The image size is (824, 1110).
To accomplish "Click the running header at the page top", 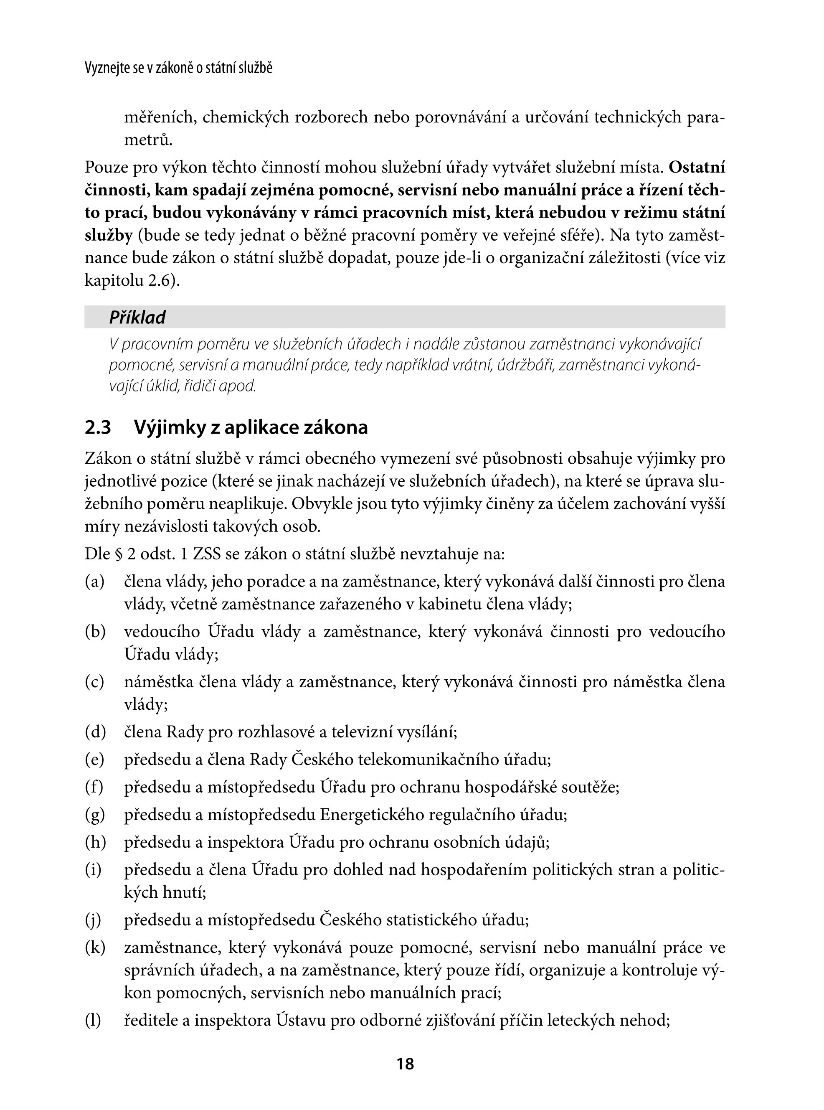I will pyautogui.click(x=179, y=69).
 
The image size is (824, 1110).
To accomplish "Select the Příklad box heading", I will pyautogui.click(x=137, y=317).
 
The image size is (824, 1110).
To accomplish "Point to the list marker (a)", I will pyautogui.click(x=95, y=582).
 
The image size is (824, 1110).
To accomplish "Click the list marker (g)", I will pyautogui.click(x=95, y=815).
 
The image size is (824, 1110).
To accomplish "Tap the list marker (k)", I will pyautogui.click(x=95, y=947).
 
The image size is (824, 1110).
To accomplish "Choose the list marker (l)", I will pyautogui.click(x=94, y=1020).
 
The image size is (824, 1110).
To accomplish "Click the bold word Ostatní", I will pyautogui.click(x=697, y=167).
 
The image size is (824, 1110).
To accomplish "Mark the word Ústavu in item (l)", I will pyautogui.click(x=301, y=1020).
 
